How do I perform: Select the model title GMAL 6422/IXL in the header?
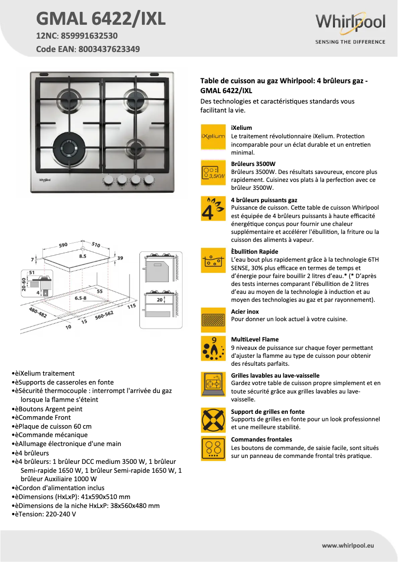point(101,19)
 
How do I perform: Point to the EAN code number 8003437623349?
point(108,49)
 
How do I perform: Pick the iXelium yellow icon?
point(213,136)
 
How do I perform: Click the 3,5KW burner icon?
point(213,172)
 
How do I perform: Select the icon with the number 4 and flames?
point(213,209)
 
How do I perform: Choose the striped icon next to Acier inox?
point(213,320)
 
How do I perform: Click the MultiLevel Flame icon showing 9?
point(213,348)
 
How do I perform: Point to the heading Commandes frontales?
point(262,440)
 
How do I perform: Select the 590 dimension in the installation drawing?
point(63,245)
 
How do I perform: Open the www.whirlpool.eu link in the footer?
point(348,545)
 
